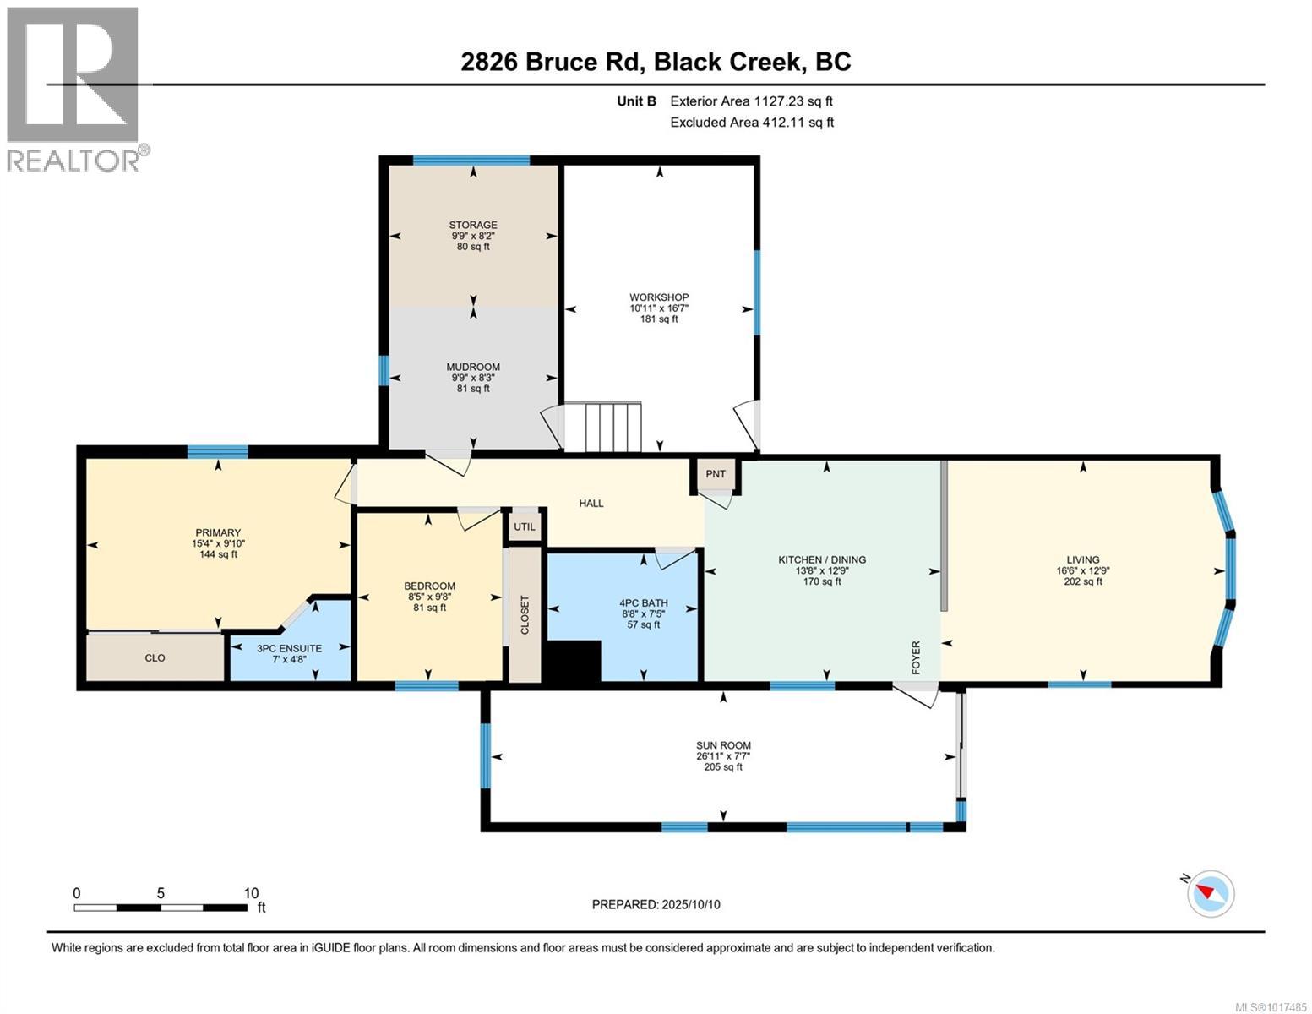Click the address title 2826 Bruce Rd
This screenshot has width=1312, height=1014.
pos(656,62)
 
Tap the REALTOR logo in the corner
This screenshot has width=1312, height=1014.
pos(74,89)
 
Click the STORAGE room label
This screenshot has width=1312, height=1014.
pos(472,226)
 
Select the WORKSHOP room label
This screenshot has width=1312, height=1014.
pos(659,297)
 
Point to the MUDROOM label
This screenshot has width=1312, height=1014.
pos(473,368)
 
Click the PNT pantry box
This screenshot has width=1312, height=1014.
pos(716,474)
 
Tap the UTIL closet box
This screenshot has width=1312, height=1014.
pos(525,526)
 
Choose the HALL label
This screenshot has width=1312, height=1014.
pos(591,504)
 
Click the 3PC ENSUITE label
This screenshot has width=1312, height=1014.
pos(290,648)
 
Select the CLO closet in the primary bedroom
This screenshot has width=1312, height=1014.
pos(155,657)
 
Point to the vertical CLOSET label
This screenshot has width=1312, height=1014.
pos(525,614)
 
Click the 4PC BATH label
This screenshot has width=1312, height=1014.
pos(644,603)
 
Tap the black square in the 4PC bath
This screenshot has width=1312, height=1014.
pos(574,660)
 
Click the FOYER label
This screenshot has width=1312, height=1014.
pos(916,657)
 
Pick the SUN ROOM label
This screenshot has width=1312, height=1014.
pos(723,745)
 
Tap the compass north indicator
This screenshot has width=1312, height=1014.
pos(1210,893)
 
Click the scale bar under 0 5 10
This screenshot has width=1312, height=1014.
pos(161,908)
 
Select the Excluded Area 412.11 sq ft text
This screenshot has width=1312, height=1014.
pos(751,123)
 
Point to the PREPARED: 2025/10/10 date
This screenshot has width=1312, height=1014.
pos(656,904)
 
